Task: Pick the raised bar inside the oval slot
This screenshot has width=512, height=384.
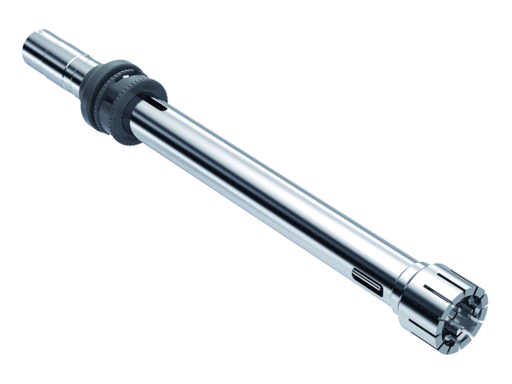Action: coord(367,283)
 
